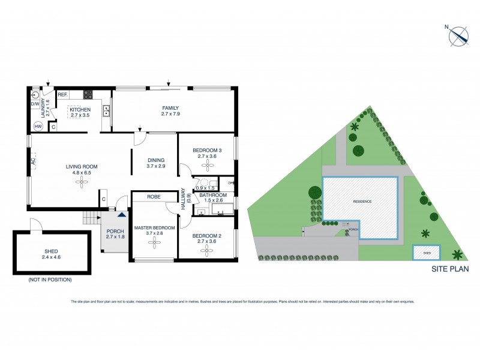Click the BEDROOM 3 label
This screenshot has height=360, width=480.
(x=207, y=150)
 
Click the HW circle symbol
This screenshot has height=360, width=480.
(x=38, y=126)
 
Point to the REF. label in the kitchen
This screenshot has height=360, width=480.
(x=62, y=94)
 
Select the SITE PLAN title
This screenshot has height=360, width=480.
(x=450, y=269)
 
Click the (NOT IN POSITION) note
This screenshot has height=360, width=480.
(x=49, y=280)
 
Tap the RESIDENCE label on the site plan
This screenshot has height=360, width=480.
(x=362, y=202)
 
